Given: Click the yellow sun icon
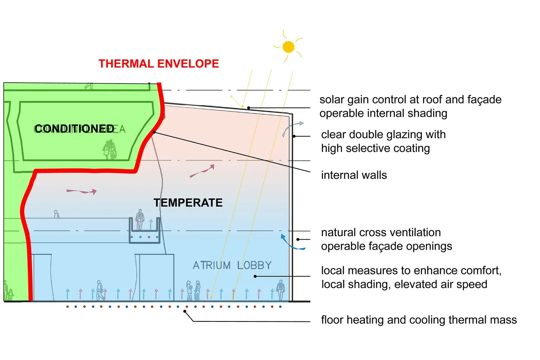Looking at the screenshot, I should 288,47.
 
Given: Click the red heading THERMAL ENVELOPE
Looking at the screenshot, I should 159,64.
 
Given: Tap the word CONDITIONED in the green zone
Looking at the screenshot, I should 74,129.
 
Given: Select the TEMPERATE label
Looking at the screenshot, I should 188,203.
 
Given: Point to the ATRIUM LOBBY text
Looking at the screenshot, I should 232,265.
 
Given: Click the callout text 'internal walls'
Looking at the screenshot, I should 354,175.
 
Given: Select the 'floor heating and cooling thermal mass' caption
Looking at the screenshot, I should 419,320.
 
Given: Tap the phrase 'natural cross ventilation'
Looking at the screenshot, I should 381,232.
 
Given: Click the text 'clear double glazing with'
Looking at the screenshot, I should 383,135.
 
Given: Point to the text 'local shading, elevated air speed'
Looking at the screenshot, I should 404,284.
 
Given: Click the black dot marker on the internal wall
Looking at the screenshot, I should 154,132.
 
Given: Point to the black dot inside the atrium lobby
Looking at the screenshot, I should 255,276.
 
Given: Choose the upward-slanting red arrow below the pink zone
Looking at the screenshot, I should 202,171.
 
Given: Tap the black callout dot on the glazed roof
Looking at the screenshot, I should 248,108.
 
